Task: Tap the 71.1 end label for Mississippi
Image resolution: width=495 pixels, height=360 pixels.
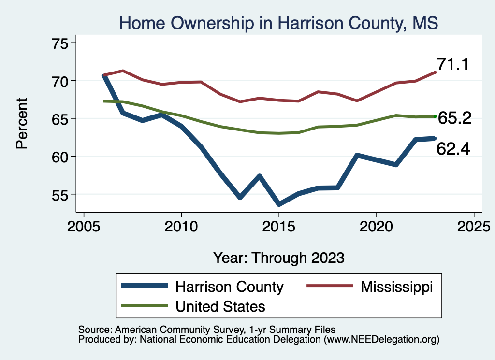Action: (x=453, y=64)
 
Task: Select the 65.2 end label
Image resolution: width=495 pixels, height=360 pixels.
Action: (x=455, y=117)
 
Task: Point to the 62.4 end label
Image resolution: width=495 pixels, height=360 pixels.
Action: (x=453, y=149)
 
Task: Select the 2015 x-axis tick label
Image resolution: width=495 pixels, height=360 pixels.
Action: (x=279, y=227)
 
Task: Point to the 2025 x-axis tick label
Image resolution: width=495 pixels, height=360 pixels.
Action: (x=474, y=227)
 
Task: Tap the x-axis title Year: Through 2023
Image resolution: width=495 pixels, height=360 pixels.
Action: (x=279, y=258)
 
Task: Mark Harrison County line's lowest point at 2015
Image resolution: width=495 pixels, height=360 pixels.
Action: (x=279, y=204)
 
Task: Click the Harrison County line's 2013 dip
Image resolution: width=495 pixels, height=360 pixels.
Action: (x=240, y=197)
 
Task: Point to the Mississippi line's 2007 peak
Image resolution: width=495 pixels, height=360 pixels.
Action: (x=123, y=71)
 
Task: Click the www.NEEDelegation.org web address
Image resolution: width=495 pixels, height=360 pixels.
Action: (x=381, y=339)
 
